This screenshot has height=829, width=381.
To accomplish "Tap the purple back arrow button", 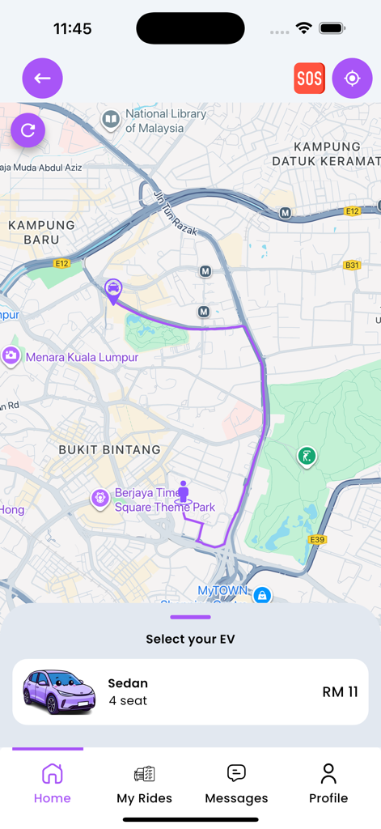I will pos(42,79).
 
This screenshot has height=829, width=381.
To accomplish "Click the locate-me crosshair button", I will pos(352,79).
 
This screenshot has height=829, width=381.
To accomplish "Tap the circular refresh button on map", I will pos(28,130).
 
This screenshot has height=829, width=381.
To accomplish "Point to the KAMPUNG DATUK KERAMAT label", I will pos(326,154).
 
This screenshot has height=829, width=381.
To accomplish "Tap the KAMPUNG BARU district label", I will pos(41,232).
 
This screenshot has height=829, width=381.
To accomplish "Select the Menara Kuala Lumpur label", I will pos(81,357).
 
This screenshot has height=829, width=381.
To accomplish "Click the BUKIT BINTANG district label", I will pos(110,449).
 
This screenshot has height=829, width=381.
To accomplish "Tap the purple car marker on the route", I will pos(113,288).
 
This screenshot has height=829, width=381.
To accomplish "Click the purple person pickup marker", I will pos(184,491).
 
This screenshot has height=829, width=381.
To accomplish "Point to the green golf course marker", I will pos(307,457).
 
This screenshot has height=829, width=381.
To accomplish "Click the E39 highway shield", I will pos(317,539).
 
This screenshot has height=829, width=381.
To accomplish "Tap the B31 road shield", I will pos(352,265).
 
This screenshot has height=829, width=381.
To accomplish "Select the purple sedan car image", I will pos(59,691).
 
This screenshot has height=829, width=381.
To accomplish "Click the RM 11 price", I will pos(340,692).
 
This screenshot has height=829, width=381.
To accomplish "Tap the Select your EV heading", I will pos(190,639).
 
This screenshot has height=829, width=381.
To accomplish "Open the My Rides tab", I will pos(144,784).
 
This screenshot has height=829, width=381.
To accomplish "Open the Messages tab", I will pos(236,784).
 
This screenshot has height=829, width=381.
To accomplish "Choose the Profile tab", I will pos(328,784).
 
